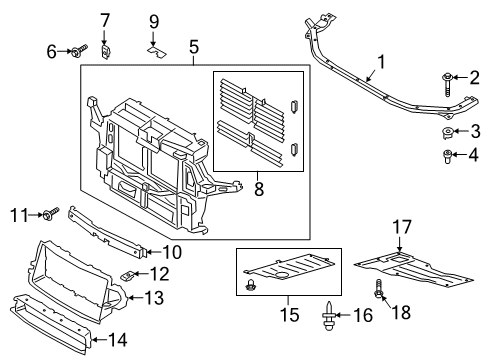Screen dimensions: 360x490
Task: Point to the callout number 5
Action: point(194,45)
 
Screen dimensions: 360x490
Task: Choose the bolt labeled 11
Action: point(49,214)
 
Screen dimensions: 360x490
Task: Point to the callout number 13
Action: point(153,296)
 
